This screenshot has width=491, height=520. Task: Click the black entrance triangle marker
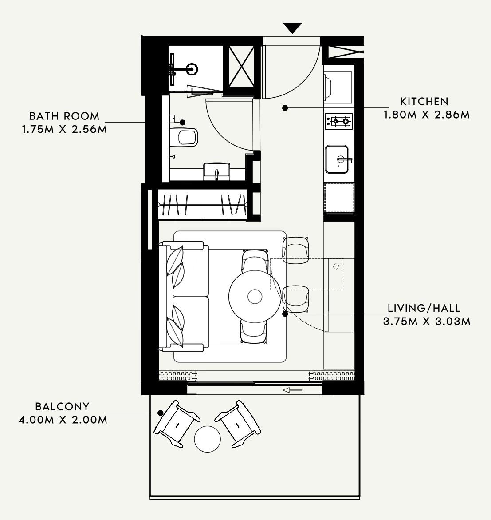pyautogui.click(x=292, y=28)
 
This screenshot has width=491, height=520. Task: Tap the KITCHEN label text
pyautogui.click(x=424, y=102)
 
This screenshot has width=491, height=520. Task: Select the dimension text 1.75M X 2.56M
pyautogui.click(x=65, y=129)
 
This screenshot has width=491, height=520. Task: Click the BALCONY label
pyautogui.click(x=62, y=407)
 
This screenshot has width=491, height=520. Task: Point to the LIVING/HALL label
pyautogui.click(x=424, y=308)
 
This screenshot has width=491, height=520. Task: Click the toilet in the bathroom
pyautogui.click(x=185, y=137)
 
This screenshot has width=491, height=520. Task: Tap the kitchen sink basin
pyautogui.click(x=337, y=159)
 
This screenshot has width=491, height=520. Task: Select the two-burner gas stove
pyautogui.click(x=339, y=121)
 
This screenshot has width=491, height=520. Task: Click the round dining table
pyautogui.click(x=255, y=296)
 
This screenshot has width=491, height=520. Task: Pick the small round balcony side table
pyautogui.click(x=208, y=439)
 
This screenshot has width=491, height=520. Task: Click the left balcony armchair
pyautogui.click(x=177, y=424)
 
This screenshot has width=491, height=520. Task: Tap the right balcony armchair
pyautogui.click(x=238, y=424)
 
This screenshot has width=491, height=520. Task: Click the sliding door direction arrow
pyautogui.click(x=293, y=390)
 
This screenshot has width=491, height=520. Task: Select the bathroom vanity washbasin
pyautogui.click(x=217, y=171)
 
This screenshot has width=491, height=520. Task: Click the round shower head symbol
pyautogui.click(x=192, y=69)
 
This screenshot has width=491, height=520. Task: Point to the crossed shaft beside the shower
pyautogui.click(x=242, y=66)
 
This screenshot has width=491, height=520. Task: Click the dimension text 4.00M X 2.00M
pyautogui.click(x=63, y=420)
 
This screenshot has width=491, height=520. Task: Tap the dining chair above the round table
pyautogui.click(x=255, y=260)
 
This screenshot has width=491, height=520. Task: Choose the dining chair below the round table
pyautogui.click(x=253, y=332)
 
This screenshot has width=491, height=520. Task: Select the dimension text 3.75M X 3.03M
pyautogui.click(x=427, y=322)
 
